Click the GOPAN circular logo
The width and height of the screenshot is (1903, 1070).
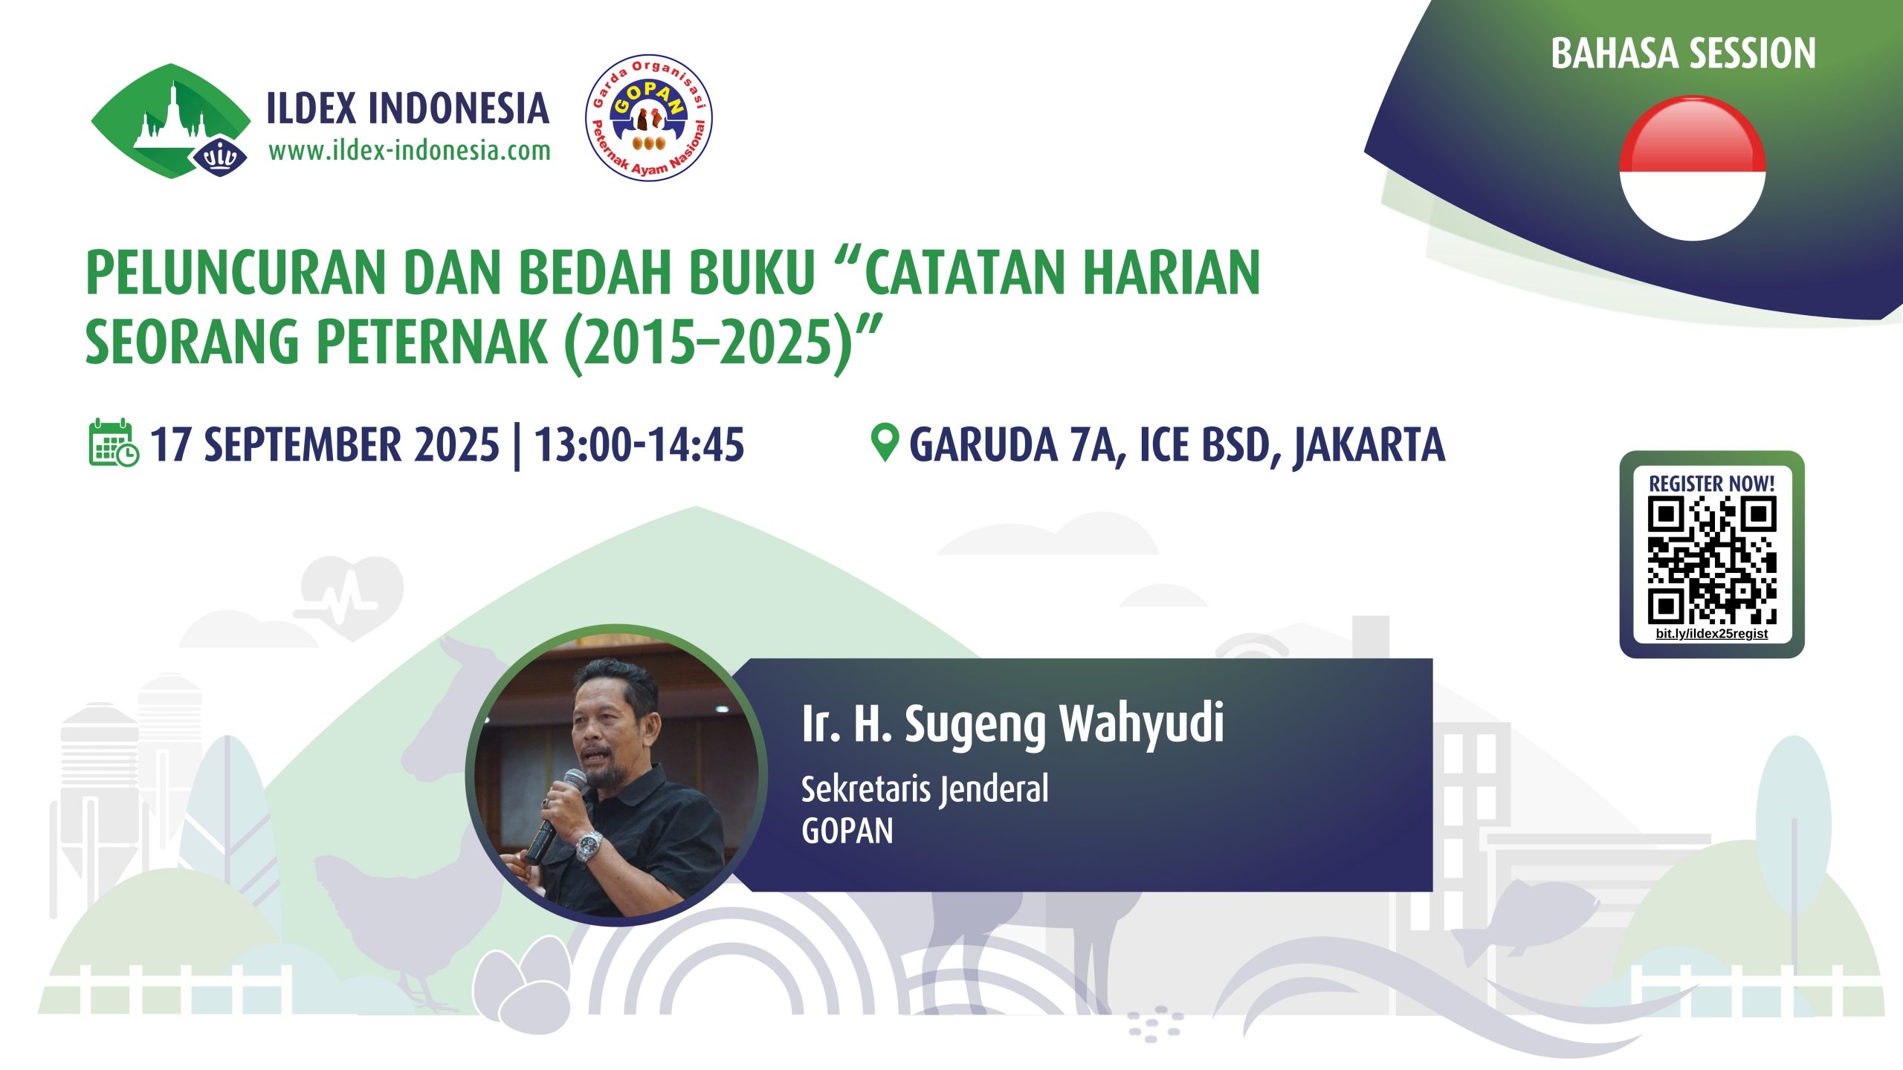(x=649, y=117)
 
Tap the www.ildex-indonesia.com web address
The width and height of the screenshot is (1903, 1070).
(x=410, y=151)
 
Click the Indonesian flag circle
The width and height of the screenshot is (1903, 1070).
(x=1692, y=168)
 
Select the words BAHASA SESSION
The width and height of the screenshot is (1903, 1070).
(x=1683, y=53)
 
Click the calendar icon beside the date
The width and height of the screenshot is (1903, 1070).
(x=114, y=444)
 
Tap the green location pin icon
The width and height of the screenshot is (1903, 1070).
(x=885, y=443)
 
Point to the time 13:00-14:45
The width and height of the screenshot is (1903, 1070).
(x=639, y=444)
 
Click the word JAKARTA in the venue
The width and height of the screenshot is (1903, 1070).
(x=1369, y=446)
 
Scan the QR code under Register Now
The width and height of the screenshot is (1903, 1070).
(x=1712, y=560)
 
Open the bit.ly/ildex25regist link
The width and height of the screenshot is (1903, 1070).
(x=1712, y=634)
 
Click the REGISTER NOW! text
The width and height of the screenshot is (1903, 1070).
(x=1712, y=484)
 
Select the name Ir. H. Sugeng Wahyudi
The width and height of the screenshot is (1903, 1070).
(x=1012, y=724)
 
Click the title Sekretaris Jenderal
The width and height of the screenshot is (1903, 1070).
(x=925, y=789)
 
